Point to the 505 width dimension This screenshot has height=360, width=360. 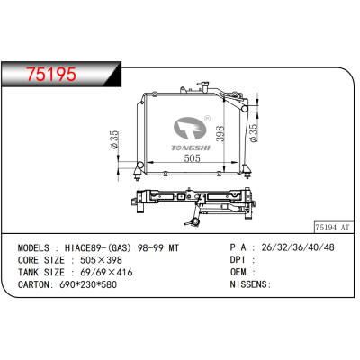[192, 160]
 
